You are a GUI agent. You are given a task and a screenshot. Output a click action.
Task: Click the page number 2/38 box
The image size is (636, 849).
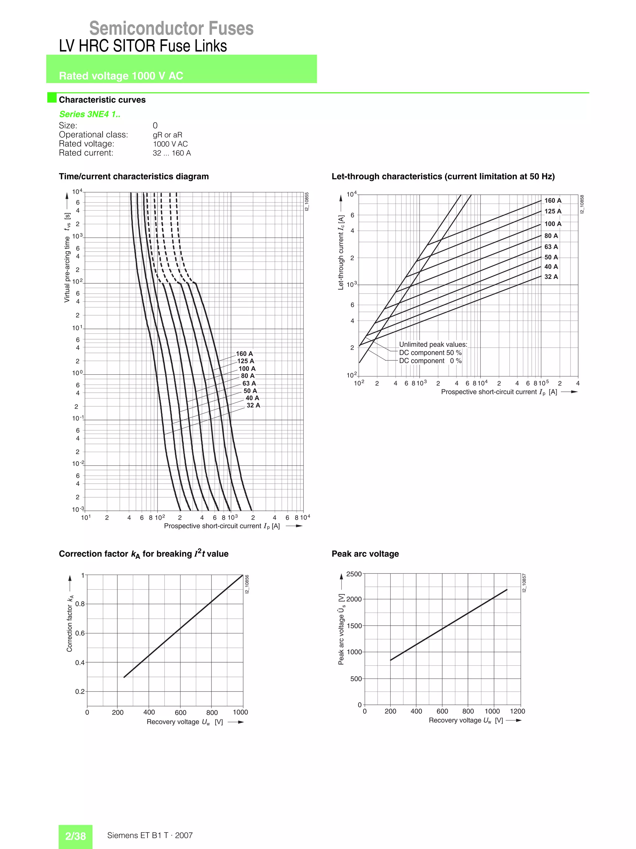click(x=75, y=836)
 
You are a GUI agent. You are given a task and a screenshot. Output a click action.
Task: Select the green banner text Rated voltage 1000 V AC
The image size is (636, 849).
click(x=121, y=76)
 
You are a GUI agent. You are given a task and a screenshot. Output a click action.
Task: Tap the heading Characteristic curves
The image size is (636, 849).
click(x=102, y=100)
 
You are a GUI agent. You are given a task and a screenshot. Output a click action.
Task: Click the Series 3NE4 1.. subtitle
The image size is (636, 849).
click(x=90, y=114)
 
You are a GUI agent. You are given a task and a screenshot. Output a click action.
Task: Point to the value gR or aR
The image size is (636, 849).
click(x=167, y=135)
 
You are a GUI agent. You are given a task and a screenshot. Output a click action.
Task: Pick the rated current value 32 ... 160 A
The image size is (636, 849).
click(x=171, y=153)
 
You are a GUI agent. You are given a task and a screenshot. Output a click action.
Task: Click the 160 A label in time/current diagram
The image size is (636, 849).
click(x=244, y=354)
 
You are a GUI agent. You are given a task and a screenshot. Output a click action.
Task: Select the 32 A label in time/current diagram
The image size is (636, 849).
click(x=253, y=405)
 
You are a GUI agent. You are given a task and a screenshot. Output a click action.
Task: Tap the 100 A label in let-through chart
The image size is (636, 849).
click(x=553, y=224)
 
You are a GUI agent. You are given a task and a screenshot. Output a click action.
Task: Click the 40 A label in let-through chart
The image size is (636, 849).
click(x=551, y=267)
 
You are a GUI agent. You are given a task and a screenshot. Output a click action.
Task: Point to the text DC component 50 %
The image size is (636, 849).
click(x=430, y=353)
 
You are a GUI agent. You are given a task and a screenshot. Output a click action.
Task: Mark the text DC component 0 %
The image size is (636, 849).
click(x=430, y=361)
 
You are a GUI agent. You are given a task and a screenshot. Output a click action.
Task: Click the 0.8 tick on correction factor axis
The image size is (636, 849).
click(x=80, y=604)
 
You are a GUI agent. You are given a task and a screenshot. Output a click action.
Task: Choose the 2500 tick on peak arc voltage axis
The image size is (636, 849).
click(x=354, y=574)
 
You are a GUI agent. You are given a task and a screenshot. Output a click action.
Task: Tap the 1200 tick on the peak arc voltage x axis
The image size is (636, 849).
click(x=517, y=711)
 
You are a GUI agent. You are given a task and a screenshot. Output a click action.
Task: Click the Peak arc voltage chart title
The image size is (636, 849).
click(x=365, y=554)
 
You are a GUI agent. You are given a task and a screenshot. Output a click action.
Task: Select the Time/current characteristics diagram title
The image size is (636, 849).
click(x=134, y=176)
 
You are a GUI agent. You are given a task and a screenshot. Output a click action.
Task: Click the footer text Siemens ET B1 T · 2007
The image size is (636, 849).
click(x=150, y=836)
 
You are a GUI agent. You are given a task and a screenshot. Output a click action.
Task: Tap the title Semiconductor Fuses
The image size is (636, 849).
click(x=171, y=28)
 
